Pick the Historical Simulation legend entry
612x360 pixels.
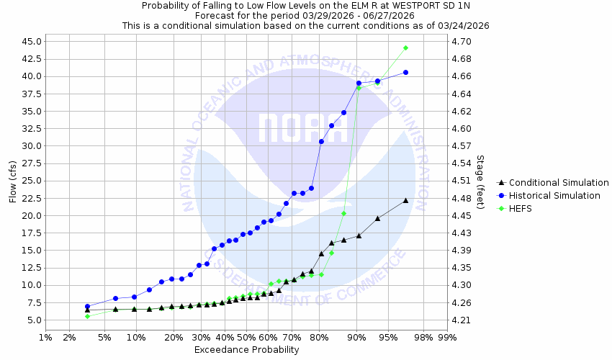tap(554, 196)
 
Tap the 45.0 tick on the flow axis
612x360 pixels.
tap(31, 41)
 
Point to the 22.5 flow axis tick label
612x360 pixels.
tap(31, 198)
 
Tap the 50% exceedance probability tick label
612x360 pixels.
tap(246, 337)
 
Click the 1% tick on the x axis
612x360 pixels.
tap(45, 337)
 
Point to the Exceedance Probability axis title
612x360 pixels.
tap(246, 350)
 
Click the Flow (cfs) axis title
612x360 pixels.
tap(12, 181)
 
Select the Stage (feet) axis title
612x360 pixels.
tap(480, 181)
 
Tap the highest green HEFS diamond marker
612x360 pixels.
tap(406, 48)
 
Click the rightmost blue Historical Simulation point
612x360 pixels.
tap(406, 72)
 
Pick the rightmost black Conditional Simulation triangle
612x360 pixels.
tap(406, 200)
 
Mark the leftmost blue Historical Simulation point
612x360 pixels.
tap(87, 306)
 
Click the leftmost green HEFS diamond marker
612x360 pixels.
tap(87, 316)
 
